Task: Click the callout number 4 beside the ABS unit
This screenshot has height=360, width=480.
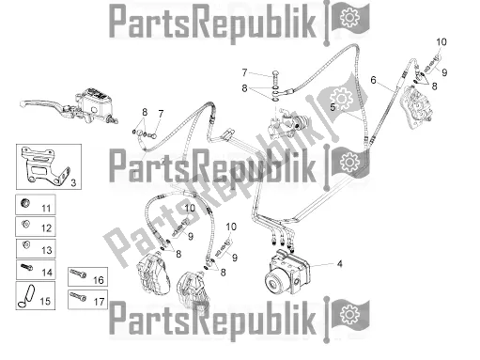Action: pos(339,264)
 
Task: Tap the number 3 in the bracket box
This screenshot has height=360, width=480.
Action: pos(73,182)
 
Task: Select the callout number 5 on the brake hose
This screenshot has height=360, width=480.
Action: pos(333,107)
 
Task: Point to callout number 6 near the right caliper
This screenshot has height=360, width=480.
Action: pos(373,80)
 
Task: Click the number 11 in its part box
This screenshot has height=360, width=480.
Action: pos(46,208)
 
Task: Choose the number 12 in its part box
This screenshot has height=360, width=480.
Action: pos(46,228)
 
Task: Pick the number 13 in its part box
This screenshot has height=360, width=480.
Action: pos(46,250)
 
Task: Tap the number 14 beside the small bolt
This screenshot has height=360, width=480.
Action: pos(47,273)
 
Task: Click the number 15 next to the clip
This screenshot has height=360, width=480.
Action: pos(45,301)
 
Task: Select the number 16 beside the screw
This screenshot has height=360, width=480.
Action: pos(99,280)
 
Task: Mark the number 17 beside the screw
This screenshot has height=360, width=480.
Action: pos(99,302)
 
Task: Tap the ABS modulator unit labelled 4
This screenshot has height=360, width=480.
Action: pos(287,272)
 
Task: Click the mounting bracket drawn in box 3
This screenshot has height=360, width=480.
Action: pos(44,165)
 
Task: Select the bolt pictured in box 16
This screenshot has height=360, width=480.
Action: pos(78,274)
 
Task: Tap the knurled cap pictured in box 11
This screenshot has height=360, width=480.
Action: pos(25,202)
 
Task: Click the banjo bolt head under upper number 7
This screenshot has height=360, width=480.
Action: pos(275,73)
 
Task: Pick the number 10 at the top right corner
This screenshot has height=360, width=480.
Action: pos(441,41)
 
